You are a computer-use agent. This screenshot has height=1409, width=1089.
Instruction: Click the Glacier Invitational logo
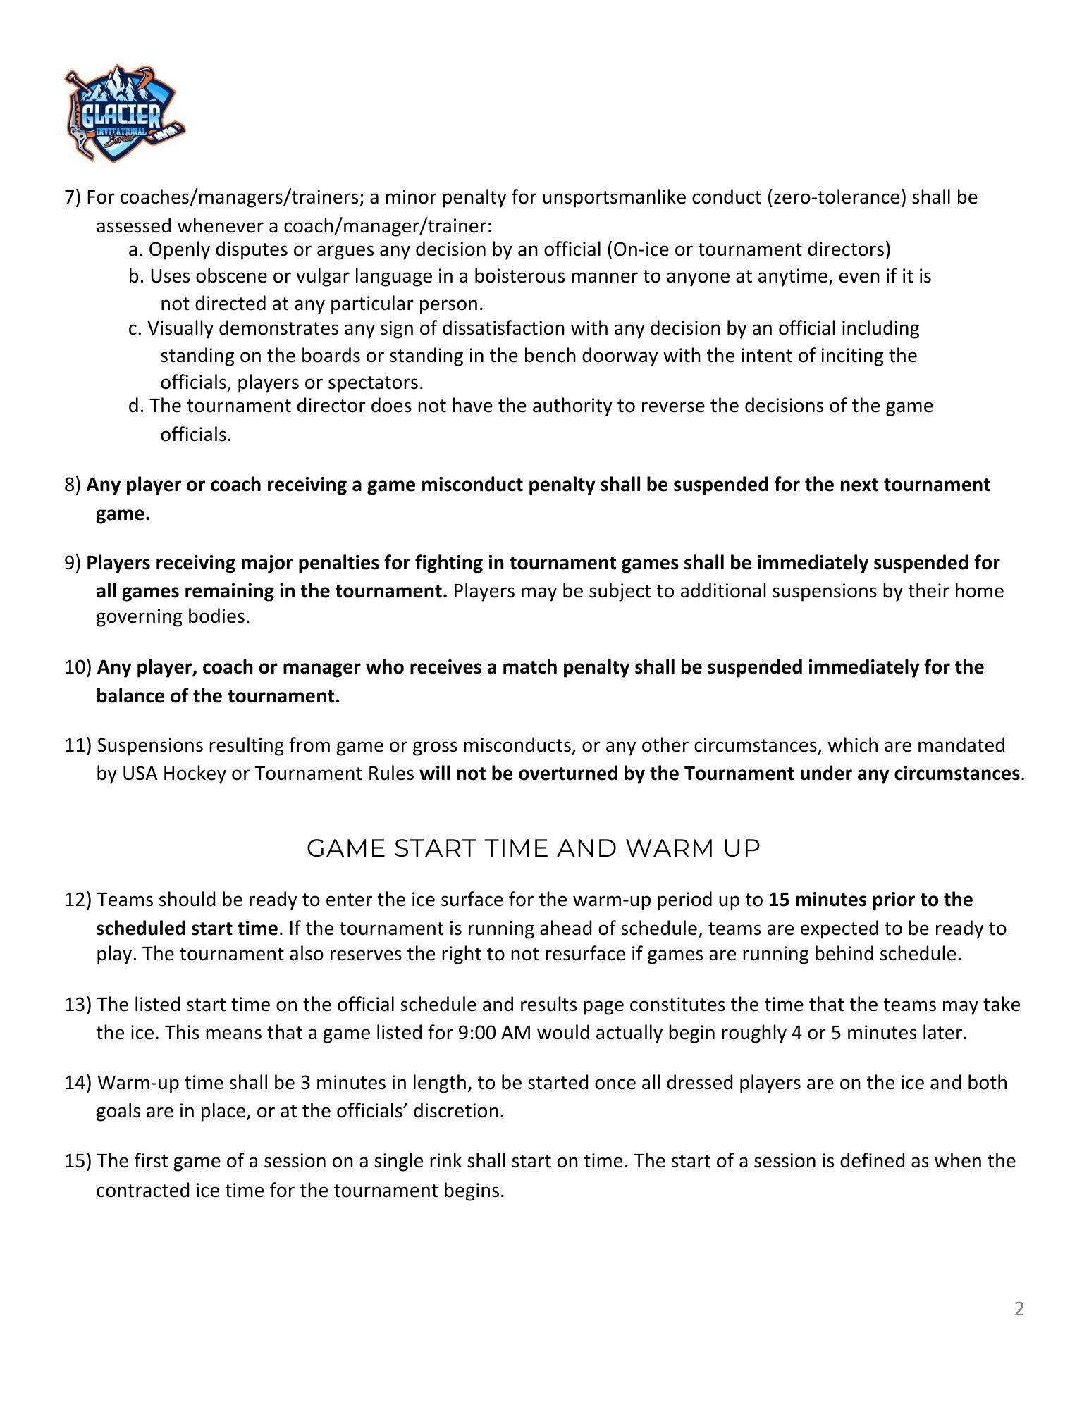click(124, 113)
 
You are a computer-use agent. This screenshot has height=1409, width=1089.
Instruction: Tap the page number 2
click(1019, 1309)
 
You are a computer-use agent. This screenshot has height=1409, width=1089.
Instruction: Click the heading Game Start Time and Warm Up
click(534, 848)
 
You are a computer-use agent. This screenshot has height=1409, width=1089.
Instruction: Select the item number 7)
click(73, 197)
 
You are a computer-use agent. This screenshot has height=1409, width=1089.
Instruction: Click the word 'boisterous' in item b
click(520, 276)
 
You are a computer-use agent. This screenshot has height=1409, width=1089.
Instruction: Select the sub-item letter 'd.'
click(137, 406)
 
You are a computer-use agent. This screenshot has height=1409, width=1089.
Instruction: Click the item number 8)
click(73, 485)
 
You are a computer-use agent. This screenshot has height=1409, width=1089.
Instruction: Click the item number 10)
click(78, 667)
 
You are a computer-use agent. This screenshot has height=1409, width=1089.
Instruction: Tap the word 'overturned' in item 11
click(568, 774)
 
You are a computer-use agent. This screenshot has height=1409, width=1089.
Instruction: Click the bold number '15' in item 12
click(779, 900)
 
